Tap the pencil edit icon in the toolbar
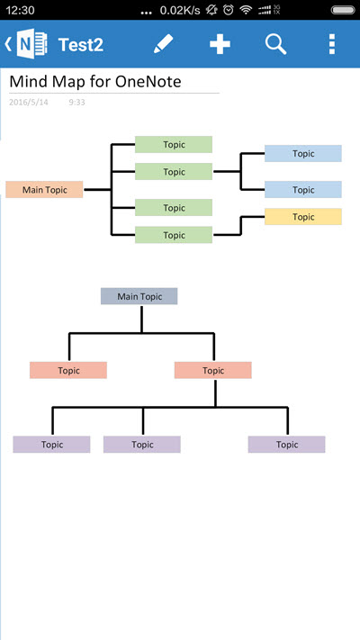[x=163, y=44]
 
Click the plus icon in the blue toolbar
[x=220, y=44]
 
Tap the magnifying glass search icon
[x=276, y=44]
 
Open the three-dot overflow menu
[x=332, y=44]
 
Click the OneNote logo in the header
[x=31, y=44]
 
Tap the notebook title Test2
[x=81, y=44]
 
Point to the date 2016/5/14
[x=29, y=102]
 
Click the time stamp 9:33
[x=76, y=102]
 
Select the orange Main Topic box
[x=44, y=190]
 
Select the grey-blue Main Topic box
[x=139, y=296]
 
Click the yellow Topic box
[x=303, y=217]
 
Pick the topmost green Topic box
[x=174, y=145]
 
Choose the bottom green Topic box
[x=174, y=235]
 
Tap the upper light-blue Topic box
[x=303, y=153]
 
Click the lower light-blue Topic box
[x=303, y=190]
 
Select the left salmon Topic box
[x=68, y=370]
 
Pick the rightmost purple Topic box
[x=286, y=445]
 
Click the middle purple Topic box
[x=142, y=445]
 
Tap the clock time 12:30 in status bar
[x=21, y=10]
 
